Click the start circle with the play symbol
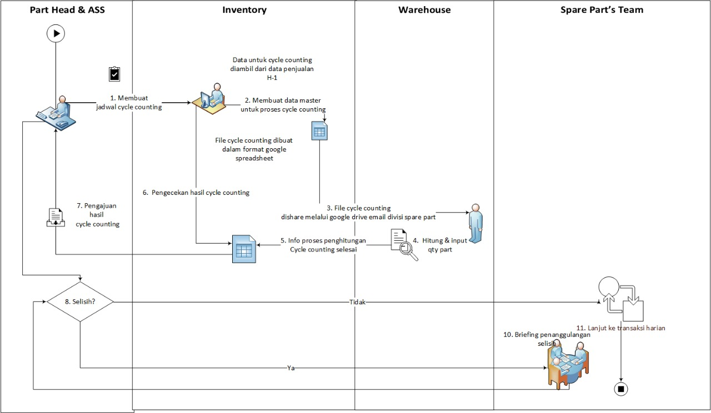[x=56, y=33]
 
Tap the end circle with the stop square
[x=621, y=389]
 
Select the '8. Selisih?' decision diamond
[x=80, y=301]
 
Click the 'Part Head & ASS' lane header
[x=66, y=10]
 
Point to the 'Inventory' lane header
[x=244, y=10]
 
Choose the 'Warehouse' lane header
[x=424, y=10]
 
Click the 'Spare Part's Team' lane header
[x=602, y=10]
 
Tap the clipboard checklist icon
[x=114, y=74]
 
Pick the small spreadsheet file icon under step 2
[x=319, y=132]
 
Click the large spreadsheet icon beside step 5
[x=243, y=249]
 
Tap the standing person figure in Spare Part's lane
[x=474, y=223]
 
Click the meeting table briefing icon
[x=566, y=364]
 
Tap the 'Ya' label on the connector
[x=291, y=368]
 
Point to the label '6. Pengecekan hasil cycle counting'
[x=196, y=193]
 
